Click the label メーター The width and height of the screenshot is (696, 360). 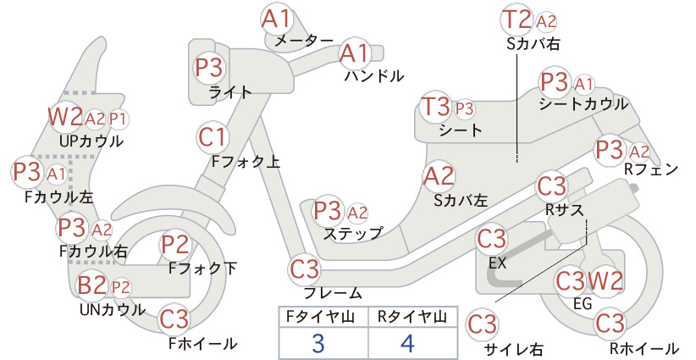coord(304,42)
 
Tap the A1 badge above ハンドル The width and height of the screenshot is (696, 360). coord(355,53)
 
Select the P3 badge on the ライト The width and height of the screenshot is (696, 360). coord(209,68)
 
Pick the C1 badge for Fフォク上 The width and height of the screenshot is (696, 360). coord(213,137)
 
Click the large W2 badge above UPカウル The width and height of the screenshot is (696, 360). coord(66,116)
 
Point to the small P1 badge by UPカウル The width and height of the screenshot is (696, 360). coord(118,119)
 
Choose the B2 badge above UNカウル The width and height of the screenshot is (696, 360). coord(92,285)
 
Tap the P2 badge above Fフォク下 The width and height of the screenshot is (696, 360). coord(175,245)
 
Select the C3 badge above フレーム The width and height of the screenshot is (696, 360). coord(305,269)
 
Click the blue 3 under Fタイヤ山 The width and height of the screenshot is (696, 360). coord(318,343)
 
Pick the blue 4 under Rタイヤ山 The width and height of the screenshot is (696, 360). coord(407,343)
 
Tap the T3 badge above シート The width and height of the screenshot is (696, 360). coord(436,107)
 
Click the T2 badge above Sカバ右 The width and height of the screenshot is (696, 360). coord(517,19)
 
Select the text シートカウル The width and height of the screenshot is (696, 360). coord(583,104)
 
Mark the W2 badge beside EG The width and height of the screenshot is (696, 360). coord(605,280)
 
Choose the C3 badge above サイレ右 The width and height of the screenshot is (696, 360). coord(482,324)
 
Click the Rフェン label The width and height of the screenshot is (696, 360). coord(651,169)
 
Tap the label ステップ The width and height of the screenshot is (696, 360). coord(353,234)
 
